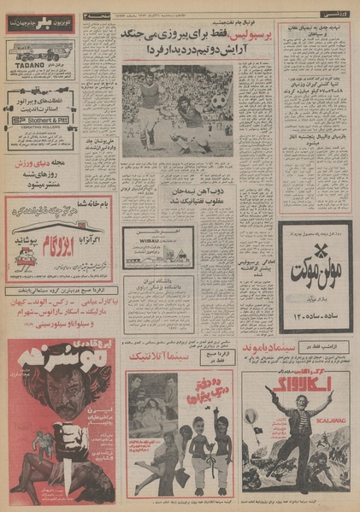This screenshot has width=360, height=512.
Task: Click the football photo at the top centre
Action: tap(177, 111)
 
